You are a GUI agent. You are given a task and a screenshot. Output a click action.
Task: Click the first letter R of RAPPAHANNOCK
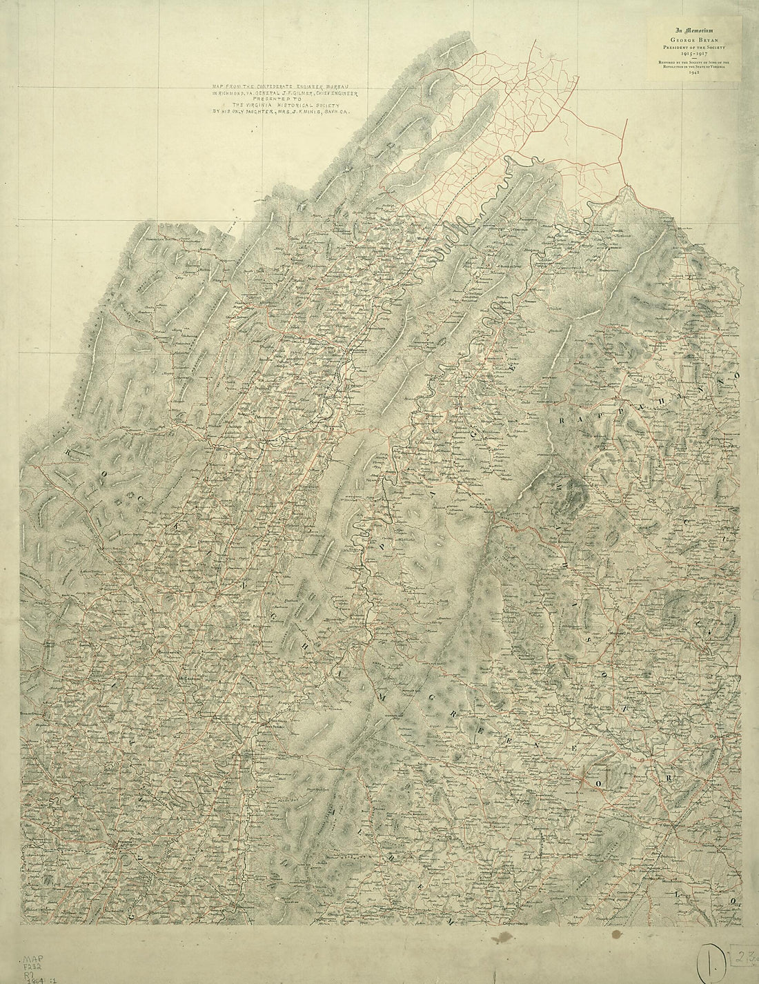563,420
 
